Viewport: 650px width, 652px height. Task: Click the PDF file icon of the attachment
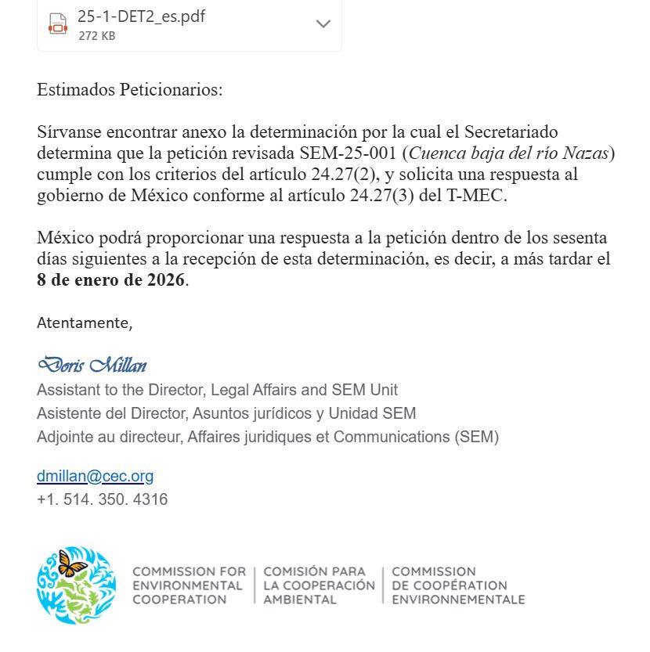[57, 23]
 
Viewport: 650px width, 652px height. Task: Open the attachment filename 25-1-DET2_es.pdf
[141, 16]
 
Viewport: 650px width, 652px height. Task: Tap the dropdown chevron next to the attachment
[323, 24]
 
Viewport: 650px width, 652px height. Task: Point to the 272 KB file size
[96, 36]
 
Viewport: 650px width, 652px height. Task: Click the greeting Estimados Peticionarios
[129, 89]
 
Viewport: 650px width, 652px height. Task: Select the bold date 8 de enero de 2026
[111, 280]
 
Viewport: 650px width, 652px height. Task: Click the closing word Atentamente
[85, 322]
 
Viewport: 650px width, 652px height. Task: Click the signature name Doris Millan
[92, 365]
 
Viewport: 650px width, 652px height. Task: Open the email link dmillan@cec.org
[95, 476]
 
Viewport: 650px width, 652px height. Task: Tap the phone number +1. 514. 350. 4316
[102, 499]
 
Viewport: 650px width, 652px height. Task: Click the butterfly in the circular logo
[73, 564]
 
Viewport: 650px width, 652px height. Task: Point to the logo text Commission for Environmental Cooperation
[189, 585]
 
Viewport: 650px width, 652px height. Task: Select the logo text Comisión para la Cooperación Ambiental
[319, 585]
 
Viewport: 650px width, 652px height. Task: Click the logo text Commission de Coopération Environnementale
[457, 585]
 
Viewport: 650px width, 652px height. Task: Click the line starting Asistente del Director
[226, 413]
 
